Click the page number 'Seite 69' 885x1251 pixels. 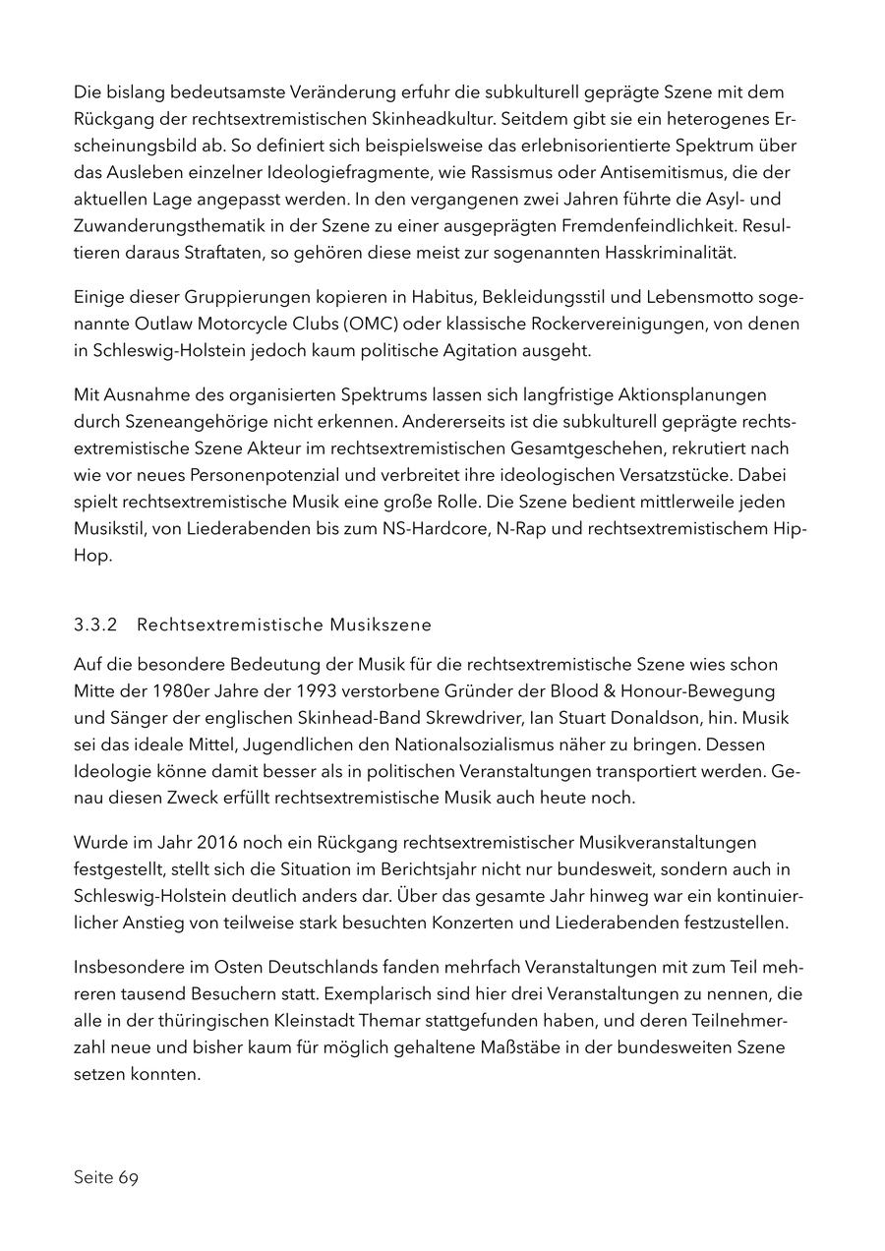pyautogui.click(x=106, y=1178)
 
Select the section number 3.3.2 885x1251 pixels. pyautogui.click(x=95, y=625)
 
